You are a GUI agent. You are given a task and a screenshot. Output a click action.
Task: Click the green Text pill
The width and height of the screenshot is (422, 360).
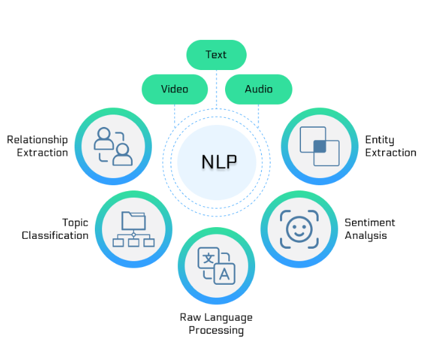click(216, 55)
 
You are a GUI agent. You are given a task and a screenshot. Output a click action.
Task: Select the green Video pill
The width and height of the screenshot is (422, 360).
click(175, 89)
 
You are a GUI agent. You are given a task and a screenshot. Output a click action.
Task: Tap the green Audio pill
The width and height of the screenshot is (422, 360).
click(258, 89)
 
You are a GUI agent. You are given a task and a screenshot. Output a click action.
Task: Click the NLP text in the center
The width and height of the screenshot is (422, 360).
click(219, 161)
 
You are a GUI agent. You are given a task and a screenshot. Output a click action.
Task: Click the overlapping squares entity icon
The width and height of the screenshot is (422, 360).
click(319, 146)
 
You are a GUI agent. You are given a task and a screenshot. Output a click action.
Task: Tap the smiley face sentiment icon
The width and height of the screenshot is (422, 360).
click(299, 229)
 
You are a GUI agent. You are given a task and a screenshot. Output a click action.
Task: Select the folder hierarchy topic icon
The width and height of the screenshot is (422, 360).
click(133, 229)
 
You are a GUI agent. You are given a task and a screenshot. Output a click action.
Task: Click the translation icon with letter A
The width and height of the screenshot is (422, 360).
click(217, 266)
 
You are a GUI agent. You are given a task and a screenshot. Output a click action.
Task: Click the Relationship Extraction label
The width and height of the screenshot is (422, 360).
click(38, 146)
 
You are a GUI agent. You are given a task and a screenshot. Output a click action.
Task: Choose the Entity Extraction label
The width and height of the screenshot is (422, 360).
click(390, 146)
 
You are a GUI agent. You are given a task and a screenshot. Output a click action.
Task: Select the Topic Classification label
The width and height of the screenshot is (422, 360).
click(56, 229)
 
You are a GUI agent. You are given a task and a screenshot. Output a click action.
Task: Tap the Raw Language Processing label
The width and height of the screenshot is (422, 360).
click(216, 324)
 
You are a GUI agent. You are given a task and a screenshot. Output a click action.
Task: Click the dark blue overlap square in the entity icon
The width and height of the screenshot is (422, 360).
click(320, 146)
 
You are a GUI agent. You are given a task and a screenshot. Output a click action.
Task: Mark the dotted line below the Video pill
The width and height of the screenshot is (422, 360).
click(175, 115)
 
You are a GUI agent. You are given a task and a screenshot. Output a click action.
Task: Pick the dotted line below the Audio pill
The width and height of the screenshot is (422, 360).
click(258, 115)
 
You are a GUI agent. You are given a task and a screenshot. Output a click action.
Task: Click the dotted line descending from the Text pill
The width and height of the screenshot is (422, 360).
click(216, 88)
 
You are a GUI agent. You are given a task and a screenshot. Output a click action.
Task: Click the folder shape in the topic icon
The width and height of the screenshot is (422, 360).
click(133, 221)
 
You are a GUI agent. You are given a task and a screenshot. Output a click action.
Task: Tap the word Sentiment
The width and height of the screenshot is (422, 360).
click(370, 223)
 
